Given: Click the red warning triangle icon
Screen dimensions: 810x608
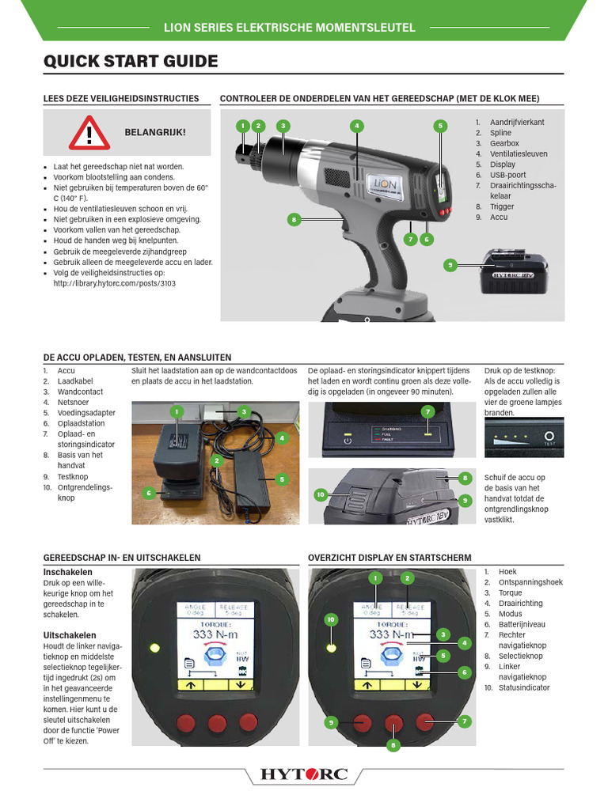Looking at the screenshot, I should point(89,132).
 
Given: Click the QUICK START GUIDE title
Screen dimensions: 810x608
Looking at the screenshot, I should point(131,62).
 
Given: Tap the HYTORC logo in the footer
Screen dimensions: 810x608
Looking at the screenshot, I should point(304,774).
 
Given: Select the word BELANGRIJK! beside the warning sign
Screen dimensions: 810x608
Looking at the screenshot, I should point(155,131).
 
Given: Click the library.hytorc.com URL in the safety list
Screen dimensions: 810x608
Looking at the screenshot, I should point(113,282).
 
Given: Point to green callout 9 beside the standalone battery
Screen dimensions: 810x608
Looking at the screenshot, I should point(450,266).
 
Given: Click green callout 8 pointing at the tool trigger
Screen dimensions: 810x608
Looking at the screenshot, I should point(293,219).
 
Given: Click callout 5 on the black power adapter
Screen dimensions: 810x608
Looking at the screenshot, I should point(281,479).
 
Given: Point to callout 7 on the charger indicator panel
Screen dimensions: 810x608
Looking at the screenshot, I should point(427,411).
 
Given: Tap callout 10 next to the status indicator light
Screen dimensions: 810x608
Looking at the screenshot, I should point(331,619).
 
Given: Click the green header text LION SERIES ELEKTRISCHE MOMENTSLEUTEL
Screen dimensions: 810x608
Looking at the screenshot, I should point(289,28).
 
